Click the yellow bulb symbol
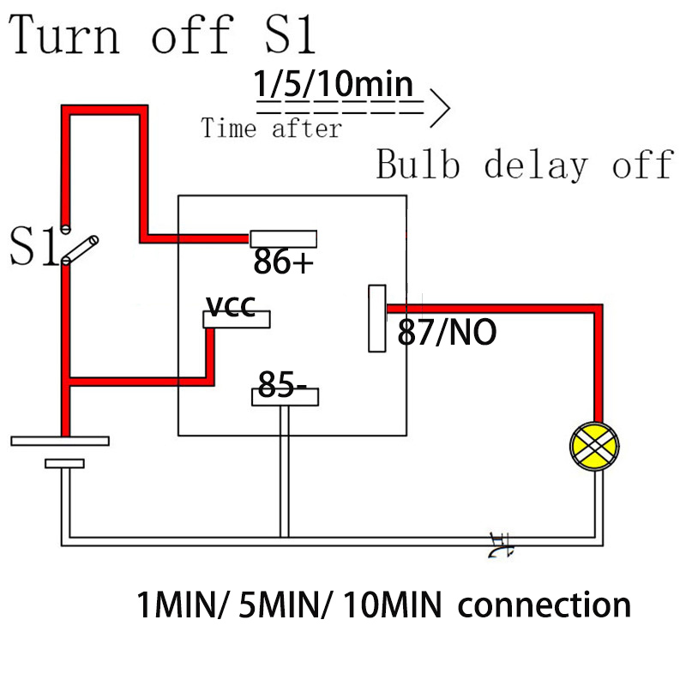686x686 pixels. (x=594, y=445)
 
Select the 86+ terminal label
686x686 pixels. (x=283, y=262)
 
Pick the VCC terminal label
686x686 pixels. (x=231, y=306)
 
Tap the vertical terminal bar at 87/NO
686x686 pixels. (x=376, y=318)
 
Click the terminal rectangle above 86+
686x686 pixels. (x=284, y=238)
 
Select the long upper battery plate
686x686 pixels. (x=60, y=441)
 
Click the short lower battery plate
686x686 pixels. (x=64, y=464)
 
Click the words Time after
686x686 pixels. (x=271, y=129)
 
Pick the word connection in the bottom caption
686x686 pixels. (x=545, y=605)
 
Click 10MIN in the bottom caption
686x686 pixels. (x=392, y=606)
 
